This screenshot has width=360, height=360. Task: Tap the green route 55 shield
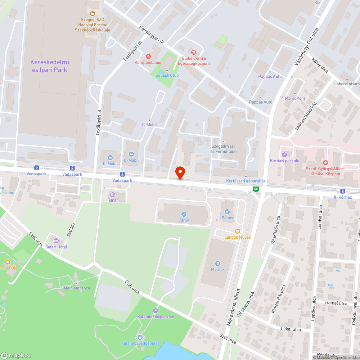pos(256,189)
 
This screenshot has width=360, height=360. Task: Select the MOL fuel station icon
pos(113,195)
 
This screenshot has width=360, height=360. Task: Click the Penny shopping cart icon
pos(227,212)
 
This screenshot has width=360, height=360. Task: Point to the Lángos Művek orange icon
pos(237,231)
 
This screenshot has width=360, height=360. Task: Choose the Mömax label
pos(217,269)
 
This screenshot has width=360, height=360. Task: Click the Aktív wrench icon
pos(184,214)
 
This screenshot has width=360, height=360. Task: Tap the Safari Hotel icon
pos(56,241)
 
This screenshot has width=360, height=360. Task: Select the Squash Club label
pos(167,75)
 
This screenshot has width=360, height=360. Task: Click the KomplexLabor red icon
pos(148,56)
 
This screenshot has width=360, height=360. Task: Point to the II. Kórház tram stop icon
pos(343,191)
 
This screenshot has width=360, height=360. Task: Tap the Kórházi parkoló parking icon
pos(284,154)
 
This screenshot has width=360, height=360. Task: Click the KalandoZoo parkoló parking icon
pos(156,311)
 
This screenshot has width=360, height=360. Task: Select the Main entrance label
pos(77,288)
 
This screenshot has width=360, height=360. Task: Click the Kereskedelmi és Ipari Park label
pos(50,66)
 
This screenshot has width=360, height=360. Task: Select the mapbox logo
pos(16,355)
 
